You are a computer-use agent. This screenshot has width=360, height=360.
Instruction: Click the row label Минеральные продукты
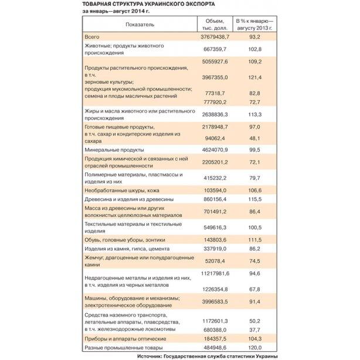[x=111, y=151]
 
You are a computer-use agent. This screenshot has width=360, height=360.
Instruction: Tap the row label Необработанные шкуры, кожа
[x=121, y=191]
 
